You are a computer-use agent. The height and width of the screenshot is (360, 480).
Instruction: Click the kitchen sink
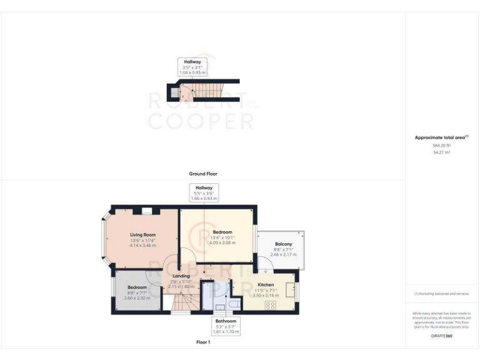(x=291, y=290)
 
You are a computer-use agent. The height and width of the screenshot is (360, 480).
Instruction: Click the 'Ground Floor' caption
(x=202, y=174)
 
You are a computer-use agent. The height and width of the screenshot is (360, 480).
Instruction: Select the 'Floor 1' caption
(x=202, y=342)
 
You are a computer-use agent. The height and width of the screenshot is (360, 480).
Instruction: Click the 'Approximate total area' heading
(x=441, y=137)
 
